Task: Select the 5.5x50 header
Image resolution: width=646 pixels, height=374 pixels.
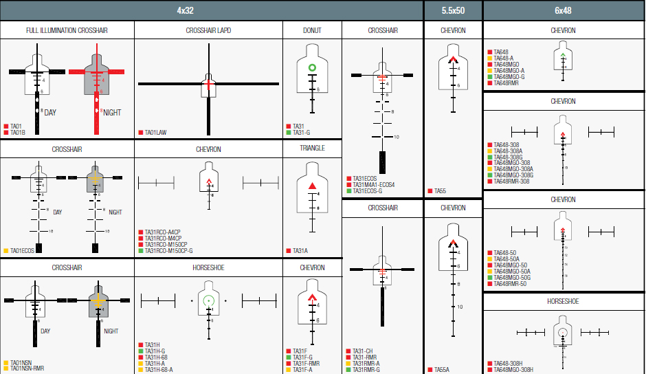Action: coord(452,10)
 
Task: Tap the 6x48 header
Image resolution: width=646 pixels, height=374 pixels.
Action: coord(563,10)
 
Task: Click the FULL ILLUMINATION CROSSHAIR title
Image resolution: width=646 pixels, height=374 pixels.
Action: coord(67,31)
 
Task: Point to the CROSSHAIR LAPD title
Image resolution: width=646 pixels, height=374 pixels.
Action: coord(208,31)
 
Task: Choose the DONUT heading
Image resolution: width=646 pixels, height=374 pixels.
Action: coord(312,31)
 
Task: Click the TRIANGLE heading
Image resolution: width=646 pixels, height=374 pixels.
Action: coord(312,148)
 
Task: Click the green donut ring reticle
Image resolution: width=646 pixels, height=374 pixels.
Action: coord(311,67)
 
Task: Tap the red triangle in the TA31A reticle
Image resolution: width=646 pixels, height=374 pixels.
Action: coord(312,186)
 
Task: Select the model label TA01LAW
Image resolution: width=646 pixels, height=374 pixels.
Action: coord(156,132)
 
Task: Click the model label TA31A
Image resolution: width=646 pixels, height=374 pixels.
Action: coord(300,251)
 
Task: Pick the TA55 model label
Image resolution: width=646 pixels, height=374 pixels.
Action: coord(440,190)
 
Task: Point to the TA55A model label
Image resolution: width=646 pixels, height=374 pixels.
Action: coord(441,369)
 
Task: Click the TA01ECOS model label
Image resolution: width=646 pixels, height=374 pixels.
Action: coord(23,251)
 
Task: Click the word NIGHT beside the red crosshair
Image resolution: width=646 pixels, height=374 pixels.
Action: coord(111,112)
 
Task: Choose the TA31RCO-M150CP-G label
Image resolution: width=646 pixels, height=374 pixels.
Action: coord(168,251)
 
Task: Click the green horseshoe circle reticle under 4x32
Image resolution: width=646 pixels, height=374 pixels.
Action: coord(208,300)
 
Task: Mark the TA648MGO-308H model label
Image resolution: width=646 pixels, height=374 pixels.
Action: coord(513,370)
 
